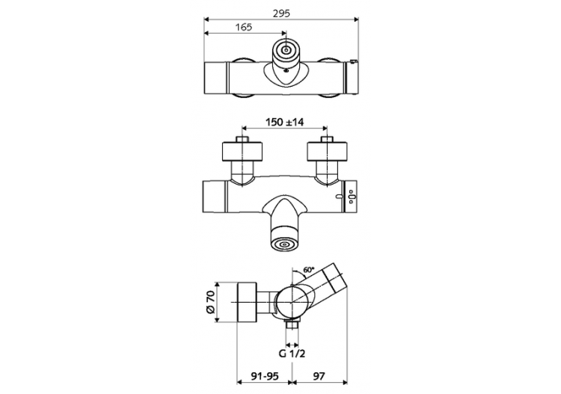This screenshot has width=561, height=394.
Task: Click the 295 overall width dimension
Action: [x=281, y=13]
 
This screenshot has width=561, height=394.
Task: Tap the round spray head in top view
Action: [x=285, y=51]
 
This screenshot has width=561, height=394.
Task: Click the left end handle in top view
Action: [x=215, y=77]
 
